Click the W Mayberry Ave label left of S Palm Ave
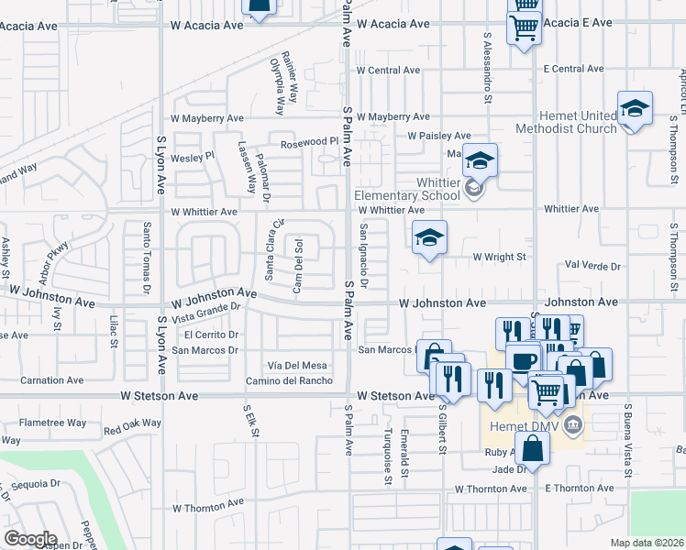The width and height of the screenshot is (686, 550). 207,118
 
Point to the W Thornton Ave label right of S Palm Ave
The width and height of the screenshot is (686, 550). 493,489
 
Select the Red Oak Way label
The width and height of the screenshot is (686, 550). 133,427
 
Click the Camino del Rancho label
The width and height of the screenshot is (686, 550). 289,381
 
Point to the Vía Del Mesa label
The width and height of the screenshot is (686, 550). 296,365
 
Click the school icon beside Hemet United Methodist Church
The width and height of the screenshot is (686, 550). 635,110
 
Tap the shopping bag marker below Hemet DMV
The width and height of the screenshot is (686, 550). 532,449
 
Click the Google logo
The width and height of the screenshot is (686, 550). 30,539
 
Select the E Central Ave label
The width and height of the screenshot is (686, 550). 573,69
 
